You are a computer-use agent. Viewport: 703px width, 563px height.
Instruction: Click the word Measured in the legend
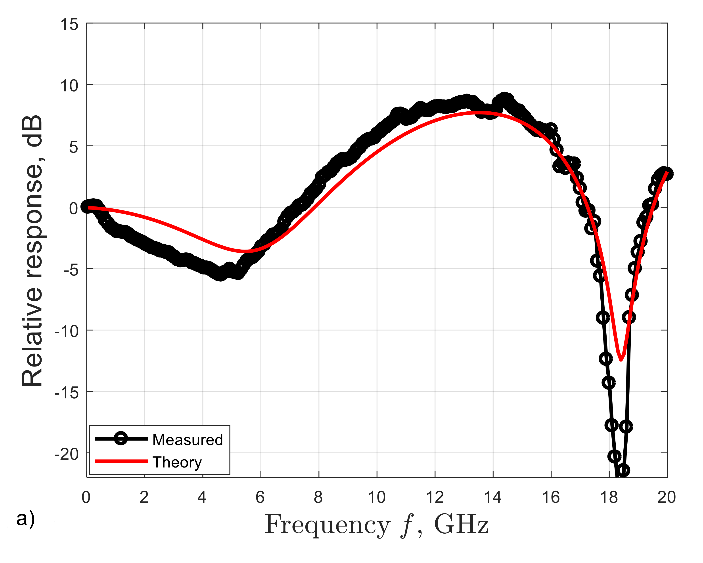pyautogui.click(x=188, y=440)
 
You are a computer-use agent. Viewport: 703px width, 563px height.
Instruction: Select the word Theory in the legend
pyautogui.click(x=177, y=463)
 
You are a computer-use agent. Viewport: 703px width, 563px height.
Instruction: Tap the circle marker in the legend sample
pyautogui.click(x=121, y=439)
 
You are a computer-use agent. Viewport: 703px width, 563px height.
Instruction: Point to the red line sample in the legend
pyautogui.click(x=121, y=461)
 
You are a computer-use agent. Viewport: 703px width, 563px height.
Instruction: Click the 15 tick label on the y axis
pyautogui.click(x=69, y=25)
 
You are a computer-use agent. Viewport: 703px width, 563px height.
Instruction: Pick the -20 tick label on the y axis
pyautogui.click(x=67, y=454)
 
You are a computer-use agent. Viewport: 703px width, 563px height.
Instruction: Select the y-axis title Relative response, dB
pyautogui.click(x=33, y=251)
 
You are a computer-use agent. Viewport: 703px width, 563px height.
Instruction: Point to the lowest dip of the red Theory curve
pyautogui.click(x=621, y=360)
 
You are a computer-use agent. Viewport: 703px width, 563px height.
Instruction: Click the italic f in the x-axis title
pyautogui.click(x=407, y=525)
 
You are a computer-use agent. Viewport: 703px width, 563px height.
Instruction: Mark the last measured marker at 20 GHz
pyautogui.click(x=667, y=174)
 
